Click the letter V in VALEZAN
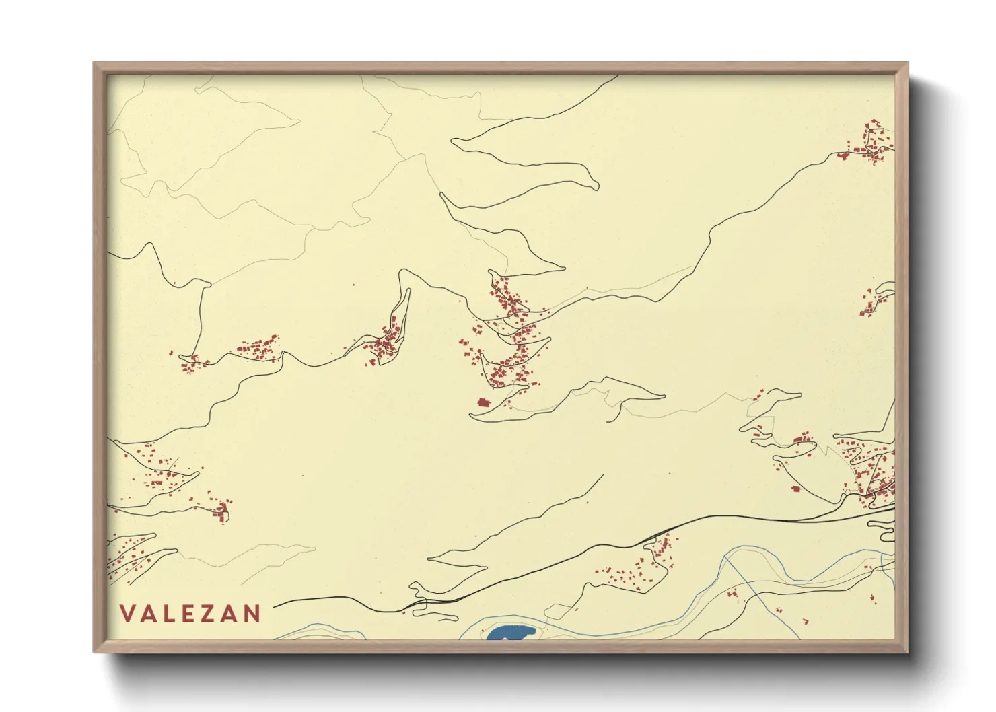coord(127,614)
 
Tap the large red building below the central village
coord(483,402)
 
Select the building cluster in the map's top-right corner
coord(871,143)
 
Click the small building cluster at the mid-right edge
coord(871,303)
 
